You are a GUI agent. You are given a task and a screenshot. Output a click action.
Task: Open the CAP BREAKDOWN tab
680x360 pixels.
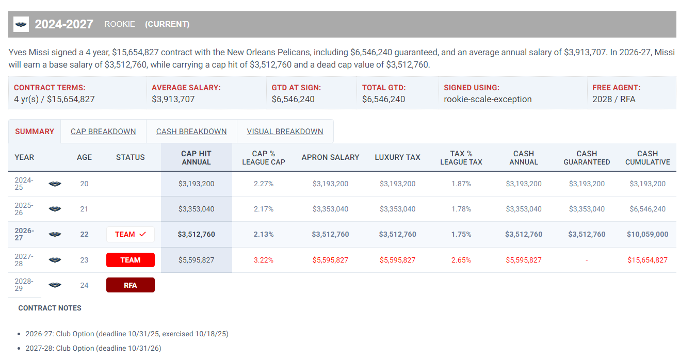point(103,132)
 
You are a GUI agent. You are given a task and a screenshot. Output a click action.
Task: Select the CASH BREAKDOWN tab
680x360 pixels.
point(191,132)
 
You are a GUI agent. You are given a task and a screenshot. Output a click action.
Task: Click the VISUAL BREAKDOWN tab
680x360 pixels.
point(285,132)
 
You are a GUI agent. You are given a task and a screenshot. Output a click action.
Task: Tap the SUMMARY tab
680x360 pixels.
point(35,132)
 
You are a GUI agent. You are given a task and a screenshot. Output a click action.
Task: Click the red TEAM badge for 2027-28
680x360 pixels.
point(130,260)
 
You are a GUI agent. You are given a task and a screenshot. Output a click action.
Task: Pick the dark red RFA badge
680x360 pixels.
point(130,285)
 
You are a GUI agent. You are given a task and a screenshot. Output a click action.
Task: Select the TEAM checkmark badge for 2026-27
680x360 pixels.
point(130,234)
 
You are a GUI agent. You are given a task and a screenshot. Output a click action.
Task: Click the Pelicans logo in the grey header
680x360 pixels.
point(21,24)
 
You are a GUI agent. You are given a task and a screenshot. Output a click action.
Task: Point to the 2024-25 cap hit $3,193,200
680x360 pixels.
point(196,184)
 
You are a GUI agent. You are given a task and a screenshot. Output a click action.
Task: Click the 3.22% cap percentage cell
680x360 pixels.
point(264,260)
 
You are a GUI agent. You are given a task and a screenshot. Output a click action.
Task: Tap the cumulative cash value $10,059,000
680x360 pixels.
point(647,234)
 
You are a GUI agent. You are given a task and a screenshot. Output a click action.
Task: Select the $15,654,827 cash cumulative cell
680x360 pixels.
point(647,260)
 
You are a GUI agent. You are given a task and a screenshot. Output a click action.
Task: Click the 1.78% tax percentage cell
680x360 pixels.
point(461,209)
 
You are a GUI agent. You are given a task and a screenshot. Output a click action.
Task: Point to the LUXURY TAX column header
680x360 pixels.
point(397,157)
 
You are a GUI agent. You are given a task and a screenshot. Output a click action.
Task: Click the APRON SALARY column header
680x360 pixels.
point(330,157)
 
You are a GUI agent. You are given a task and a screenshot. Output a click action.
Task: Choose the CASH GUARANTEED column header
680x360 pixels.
point(587,158)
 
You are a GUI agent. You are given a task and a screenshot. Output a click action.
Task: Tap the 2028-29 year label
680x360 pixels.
point(24,285)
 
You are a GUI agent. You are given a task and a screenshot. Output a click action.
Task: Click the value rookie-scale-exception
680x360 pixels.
point(488,99)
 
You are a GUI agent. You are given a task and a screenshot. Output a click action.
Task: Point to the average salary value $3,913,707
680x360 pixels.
point(173,99)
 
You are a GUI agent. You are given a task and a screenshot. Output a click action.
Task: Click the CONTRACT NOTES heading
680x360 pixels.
point(50,308)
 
